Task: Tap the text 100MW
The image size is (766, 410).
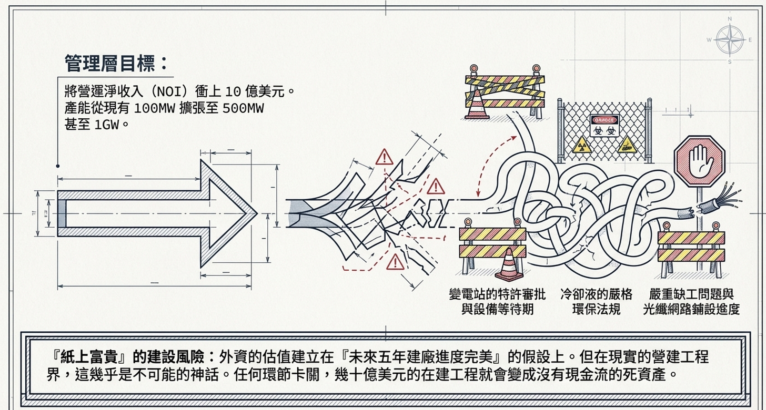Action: pos(154,109)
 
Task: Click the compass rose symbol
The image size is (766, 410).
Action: pos(730,40)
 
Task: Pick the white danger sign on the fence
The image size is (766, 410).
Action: pos(604,125)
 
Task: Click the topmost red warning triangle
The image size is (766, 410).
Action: pos(385,157)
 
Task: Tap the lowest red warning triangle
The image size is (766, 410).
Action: pos(395,261)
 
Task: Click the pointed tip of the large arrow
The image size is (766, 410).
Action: pos(255,213)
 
